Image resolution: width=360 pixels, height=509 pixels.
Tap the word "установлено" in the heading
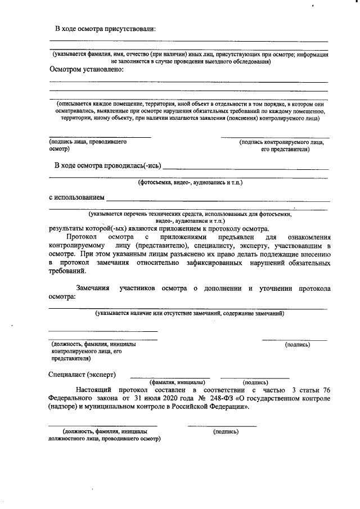(98, 70)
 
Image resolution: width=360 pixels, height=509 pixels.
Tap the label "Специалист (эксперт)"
(82, 374)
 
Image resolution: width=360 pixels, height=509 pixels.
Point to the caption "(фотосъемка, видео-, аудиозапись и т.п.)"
(190, 183)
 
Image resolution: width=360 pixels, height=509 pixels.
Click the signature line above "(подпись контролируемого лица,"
(275, 137)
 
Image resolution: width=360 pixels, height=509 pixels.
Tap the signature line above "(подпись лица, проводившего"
(100, 137)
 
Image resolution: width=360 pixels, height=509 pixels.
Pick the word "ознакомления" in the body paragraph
(306, 237)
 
